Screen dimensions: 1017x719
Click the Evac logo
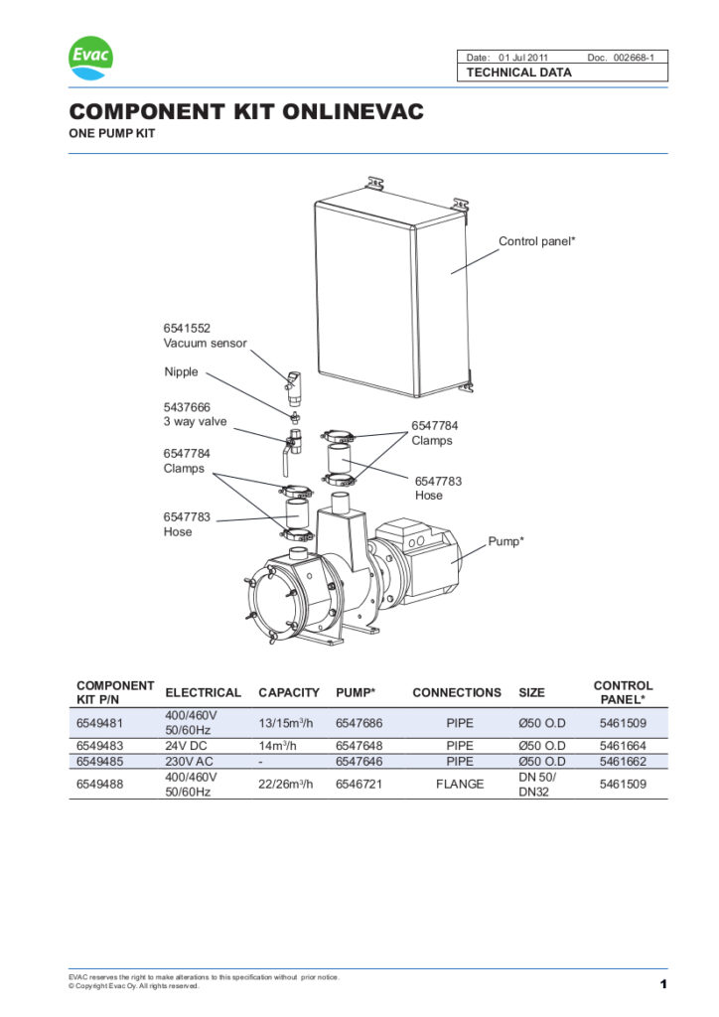(90, 58)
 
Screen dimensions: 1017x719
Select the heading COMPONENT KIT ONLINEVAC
(245, 112)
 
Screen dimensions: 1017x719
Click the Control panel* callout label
(536, 241)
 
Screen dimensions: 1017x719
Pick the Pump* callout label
(505, 541)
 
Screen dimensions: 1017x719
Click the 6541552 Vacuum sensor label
(205, 335)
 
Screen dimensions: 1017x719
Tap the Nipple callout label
(181, 372)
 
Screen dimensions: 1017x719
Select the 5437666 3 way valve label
(195, 414)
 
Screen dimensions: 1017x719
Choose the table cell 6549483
(99, 745)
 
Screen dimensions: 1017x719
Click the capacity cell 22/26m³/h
(287, 784)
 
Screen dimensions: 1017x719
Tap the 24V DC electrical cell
(188, 745)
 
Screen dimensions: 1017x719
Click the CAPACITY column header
(289, 692)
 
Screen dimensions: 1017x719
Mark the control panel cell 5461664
(623, 745)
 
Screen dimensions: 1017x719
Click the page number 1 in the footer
(661, 984)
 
